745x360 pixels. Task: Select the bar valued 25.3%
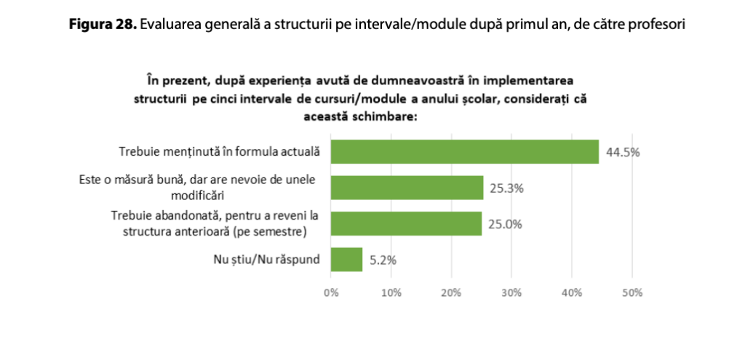[407, 188]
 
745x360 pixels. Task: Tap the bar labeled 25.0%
[406, 224]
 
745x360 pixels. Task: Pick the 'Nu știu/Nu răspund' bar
[346, 260]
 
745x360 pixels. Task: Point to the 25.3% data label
[506, 188]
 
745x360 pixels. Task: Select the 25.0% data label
[505, 224]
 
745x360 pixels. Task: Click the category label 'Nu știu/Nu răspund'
[270, 260]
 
